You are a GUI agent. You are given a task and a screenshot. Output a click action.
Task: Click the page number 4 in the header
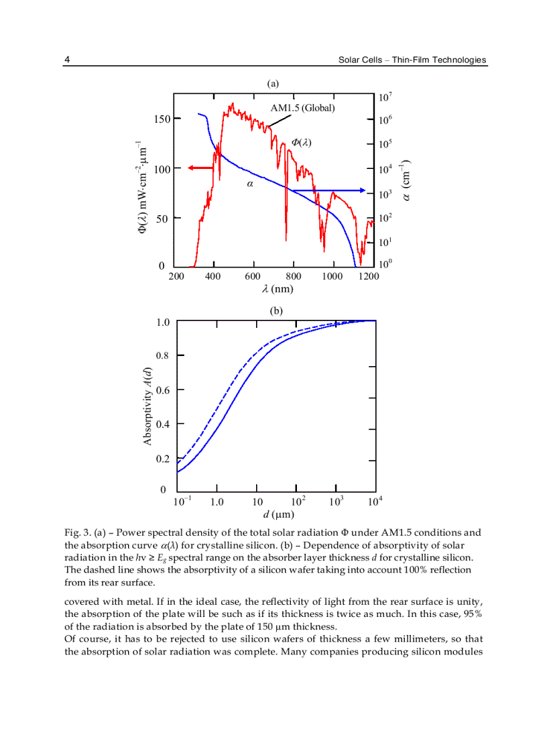click(x=67, y=60)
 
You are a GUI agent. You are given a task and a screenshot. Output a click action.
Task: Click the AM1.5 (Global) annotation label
click(x=302, y=107)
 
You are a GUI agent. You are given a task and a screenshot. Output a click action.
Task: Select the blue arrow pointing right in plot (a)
click(x=328, y=190)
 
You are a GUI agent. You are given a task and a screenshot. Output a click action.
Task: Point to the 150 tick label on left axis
click(x=163, y=119)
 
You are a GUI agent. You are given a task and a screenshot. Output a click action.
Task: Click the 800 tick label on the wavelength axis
click(x=293, y=276)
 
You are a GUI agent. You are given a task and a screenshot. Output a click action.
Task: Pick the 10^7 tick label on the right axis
click(x=385, y=97)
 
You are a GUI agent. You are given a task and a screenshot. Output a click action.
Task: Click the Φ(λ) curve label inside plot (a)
click(x=302, y=142)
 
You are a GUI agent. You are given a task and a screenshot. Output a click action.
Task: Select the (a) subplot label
click(x=273, y=84)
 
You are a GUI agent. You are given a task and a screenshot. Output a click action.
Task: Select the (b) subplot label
click(x=276, y=310)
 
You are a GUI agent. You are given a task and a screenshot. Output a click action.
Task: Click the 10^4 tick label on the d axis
click(x=375, y=501)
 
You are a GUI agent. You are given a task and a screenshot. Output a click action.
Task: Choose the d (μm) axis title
click(x=278, y=514)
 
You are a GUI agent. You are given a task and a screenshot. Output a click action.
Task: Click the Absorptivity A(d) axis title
click(x=148, y=406)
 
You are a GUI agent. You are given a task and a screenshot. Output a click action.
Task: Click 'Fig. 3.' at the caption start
click(x=77, y=532)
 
